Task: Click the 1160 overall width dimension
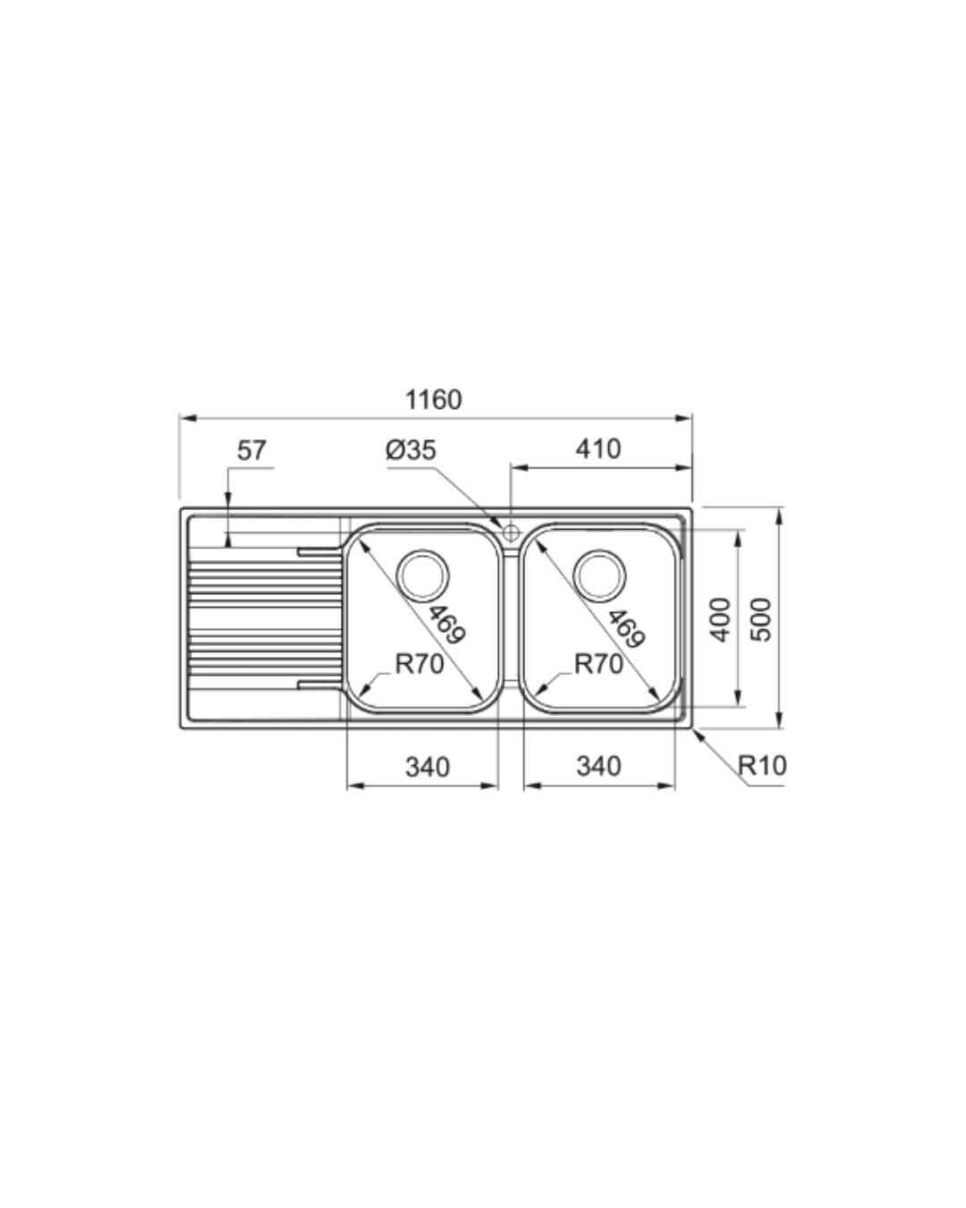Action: tap(433, 400)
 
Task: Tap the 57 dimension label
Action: tap(251, 450)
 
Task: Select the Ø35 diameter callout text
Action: tap(411, 450)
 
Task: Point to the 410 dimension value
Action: tap(598, 449)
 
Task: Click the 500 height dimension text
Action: tap(761, 620)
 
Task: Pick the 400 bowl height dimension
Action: tap(720, 620)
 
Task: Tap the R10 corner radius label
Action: tap(762, 765)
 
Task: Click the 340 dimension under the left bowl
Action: tap(428, 767)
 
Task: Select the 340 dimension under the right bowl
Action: tap(599, 766)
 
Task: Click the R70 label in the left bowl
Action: tap(419, 665)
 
